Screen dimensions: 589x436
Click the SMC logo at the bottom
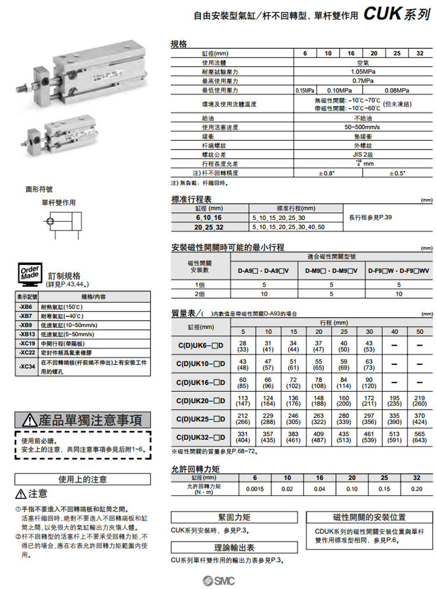(x=217, y=579)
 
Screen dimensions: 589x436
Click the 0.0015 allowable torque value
(x=255, y=488)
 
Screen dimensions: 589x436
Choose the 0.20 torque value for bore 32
(x=416, y=488)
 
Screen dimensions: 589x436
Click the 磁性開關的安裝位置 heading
(x=369, y=517)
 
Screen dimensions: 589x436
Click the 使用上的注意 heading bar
(x=83, y=480)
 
